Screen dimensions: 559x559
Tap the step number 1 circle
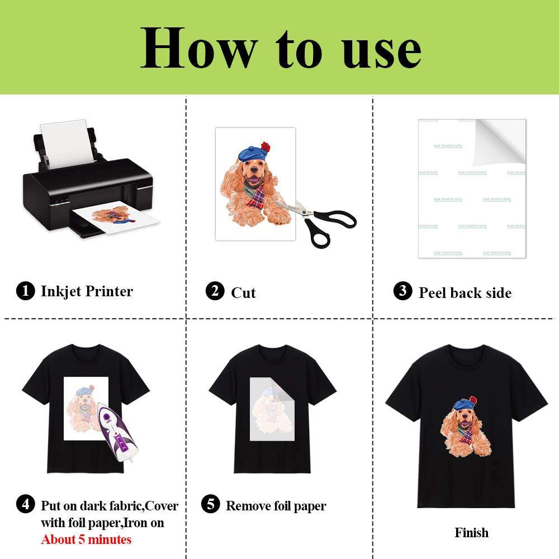25,291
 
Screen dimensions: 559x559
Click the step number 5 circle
210,505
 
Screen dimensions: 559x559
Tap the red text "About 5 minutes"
86,539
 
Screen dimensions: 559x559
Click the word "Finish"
471,532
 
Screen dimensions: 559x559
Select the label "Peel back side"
465,292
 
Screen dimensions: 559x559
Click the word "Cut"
243,292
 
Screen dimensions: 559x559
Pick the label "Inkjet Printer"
87,291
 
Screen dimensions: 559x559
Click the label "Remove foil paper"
276,506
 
